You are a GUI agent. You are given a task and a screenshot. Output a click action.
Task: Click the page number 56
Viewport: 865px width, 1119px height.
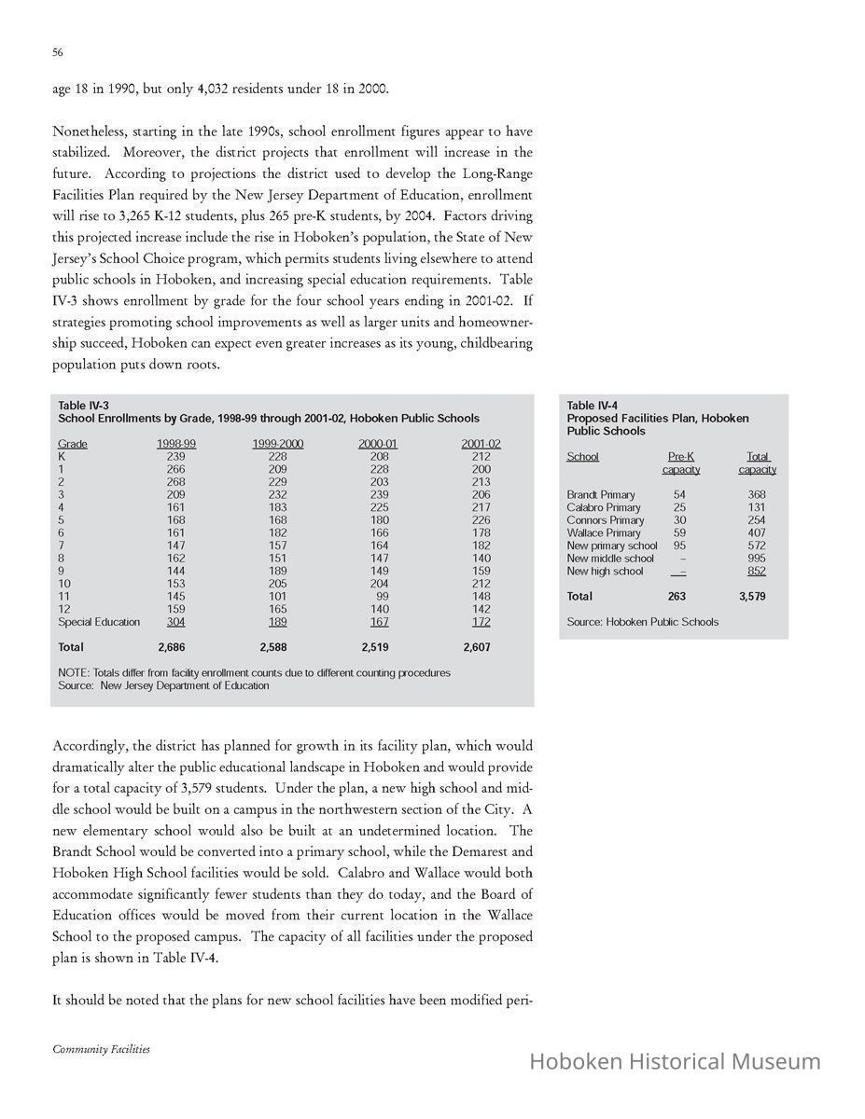[x=57, y=54]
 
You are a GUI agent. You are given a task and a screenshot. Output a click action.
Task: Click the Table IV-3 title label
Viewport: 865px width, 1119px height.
[x=83, y=405]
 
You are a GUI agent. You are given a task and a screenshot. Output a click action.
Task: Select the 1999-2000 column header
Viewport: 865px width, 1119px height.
[x=277, y=444]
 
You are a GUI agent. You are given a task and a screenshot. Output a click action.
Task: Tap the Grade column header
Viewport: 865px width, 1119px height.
[x=73, y=444]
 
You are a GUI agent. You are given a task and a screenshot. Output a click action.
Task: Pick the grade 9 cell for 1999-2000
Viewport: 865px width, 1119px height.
[x=277, y=571]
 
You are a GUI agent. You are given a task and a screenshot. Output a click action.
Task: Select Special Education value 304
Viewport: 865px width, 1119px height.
[x=175, y=622]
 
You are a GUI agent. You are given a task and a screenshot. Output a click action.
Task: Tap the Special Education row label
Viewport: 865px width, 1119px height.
[x=99, y=622]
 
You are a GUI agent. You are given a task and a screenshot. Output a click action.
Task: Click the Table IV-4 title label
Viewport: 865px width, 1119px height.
[x=592, y=405]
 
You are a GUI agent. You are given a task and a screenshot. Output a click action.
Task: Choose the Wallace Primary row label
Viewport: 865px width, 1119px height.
[x=604, y=532]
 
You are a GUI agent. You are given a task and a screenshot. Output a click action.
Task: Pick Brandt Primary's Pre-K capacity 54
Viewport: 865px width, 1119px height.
[x=679, y=494]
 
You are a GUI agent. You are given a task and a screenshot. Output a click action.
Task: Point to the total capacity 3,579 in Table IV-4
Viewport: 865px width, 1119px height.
[x=752, y=596]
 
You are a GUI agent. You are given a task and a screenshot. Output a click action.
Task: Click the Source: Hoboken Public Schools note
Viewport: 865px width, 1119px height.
[x=642, y=622]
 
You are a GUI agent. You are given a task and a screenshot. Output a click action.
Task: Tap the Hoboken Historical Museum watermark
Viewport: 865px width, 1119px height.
[x=675, y=1061]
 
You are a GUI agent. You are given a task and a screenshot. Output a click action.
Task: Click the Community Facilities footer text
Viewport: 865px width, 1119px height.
[x=101, y=1049]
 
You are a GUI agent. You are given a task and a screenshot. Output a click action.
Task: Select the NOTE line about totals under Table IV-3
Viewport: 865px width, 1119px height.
[x=254, y=672]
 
